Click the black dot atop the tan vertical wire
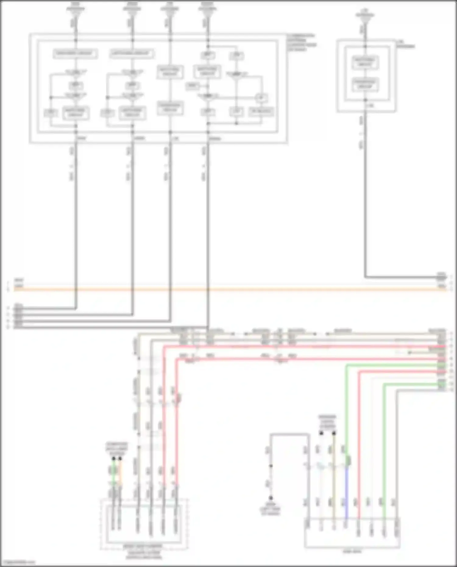[x=334, y=433]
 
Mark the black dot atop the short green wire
[x=114, y=458]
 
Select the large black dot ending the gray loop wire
[x=271, y=498]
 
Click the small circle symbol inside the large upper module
[x=261, y=98]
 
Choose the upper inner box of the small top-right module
[x=365, y=62]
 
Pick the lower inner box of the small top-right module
[x=365, y=84]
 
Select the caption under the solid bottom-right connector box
[x=352, y=551]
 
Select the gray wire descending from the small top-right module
[x=365, y=198]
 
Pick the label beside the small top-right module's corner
[x=406, y=44]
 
